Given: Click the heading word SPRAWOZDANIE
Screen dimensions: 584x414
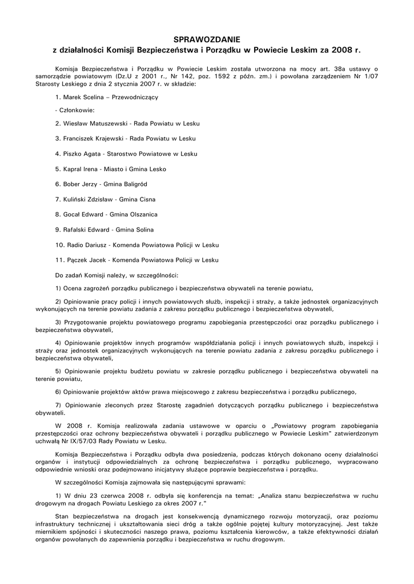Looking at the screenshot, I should click(x=207, y=39).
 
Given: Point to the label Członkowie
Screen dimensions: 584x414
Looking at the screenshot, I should click(x=75, y=110).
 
